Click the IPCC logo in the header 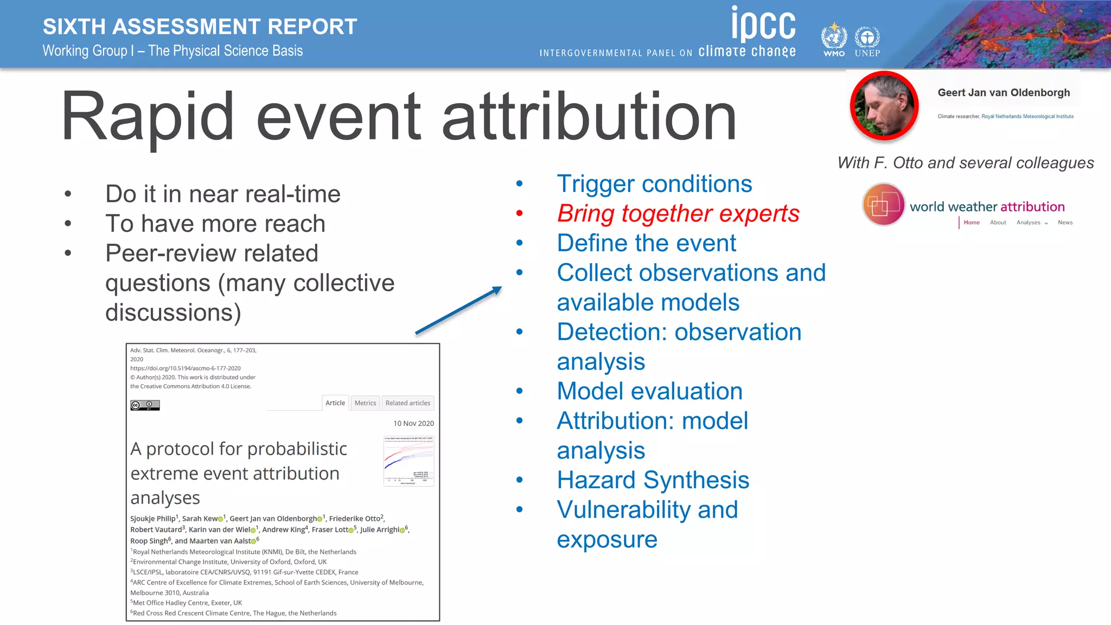click(763, 24)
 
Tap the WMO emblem click(834, 38)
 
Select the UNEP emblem click(867, 39)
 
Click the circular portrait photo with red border click(884, 106)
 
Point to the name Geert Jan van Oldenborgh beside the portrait click(1004, 93)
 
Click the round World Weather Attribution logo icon click(883, 205)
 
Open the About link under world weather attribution click(998, 222)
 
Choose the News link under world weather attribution click(1065, 222)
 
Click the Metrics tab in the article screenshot click(365, 403)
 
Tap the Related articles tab click(408, 403)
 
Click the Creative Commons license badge click(145, 405)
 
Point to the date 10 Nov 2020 click(413, 424)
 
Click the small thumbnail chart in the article click(408, 461)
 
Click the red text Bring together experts click(678, 213)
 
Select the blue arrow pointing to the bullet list click(458, 310)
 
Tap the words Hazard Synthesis click(653, 480)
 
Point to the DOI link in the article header click(186, 368)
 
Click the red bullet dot click(520, 213)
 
